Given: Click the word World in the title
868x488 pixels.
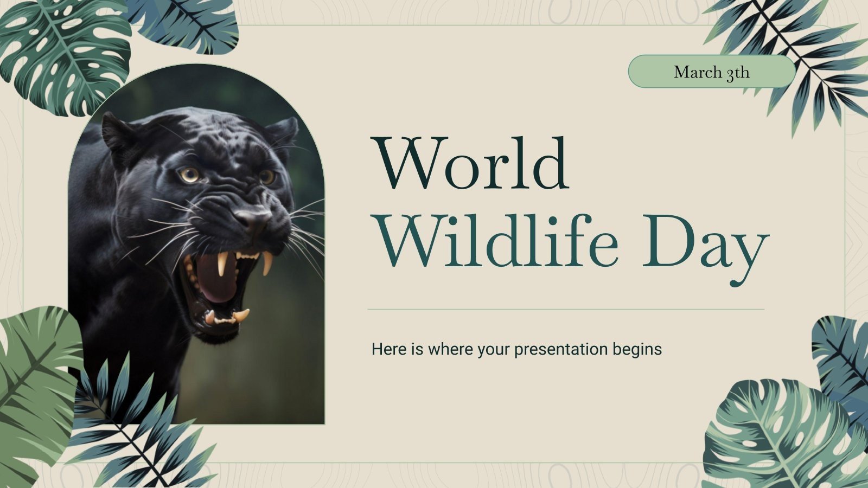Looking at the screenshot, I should tap(470, 163).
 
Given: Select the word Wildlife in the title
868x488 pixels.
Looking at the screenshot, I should tap(497, 242).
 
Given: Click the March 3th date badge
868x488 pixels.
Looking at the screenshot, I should tap(711, 72).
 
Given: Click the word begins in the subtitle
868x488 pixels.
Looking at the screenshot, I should tap(637, 350).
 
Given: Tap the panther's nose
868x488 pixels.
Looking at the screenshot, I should tap(253, 218).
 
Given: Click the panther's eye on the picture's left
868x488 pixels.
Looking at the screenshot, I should tap(190, 175).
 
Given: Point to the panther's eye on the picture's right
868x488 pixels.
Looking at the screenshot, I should tap(266, 176).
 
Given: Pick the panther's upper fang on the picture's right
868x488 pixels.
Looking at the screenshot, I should tap(267, 264).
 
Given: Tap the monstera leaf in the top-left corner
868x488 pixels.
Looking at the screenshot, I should tap(65, 54).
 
